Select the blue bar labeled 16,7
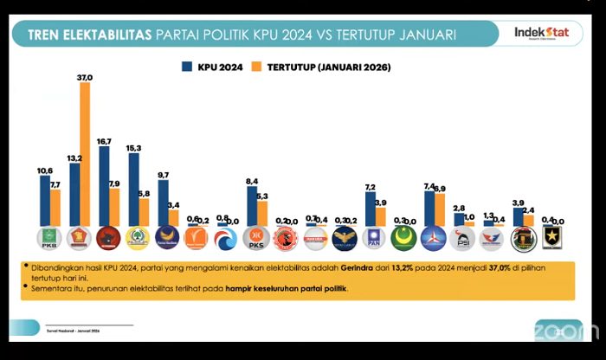click(x=104, y=185)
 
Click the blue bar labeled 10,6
click(x=44, y=199)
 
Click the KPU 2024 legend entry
click(x=210, y=67)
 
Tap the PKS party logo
click(x=257, y=238)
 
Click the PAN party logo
click(x=375, y=238)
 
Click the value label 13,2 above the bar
click(x=74, y=158)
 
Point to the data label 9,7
click(x=164, y=176)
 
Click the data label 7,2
click(x=370, y=188)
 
